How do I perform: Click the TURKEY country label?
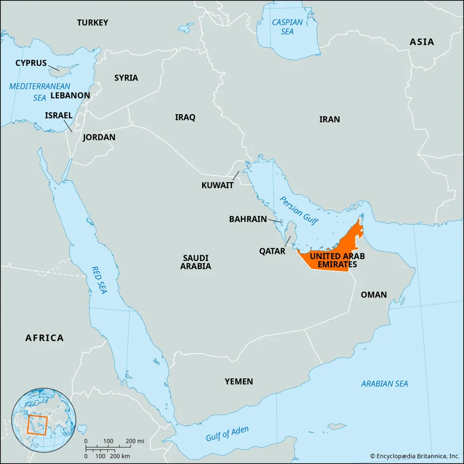[x=92, y=22]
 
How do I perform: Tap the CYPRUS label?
[x=31, y=63]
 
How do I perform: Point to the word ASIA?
[x=421, y=42]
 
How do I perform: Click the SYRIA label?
[x=126, y=77]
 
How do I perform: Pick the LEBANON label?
[x=70, y=96]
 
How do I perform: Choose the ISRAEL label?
[x=58, y=116]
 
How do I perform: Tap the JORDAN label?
[x=99, y=137]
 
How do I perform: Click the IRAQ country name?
[x=185, y=117]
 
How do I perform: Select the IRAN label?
[x=329, y=119]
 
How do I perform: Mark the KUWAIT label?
[x=217, y=185]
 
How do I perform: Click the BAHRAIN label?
[x=248, y=219]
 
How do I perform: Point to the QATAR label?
[x=272, y=251]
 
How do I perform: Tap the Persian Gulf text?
[x=299, y=211]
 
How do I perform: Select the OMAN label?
[x=373, y=295]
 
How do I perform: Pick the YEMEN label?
[x=239, y=381]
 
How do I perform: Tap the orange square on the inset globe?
[x=37, y=425]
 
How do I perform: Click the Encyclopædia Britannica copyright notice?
[x=414, y=456]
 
